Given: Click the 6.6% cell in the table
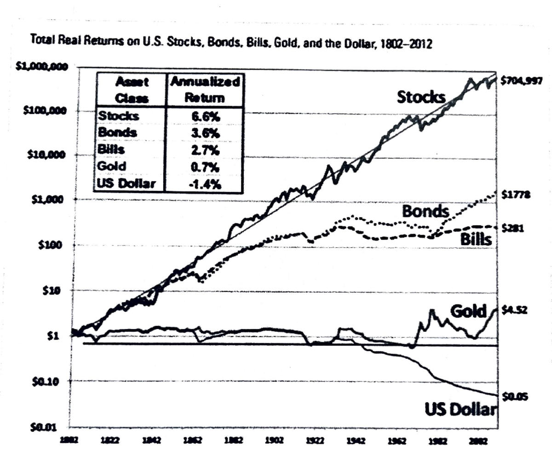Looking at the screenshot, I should [x=204, y=117].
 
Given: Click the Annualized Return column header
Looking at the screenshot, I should [x=204, y=90].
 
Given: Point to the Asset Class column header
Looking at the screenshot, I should [x=131, y=90].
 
